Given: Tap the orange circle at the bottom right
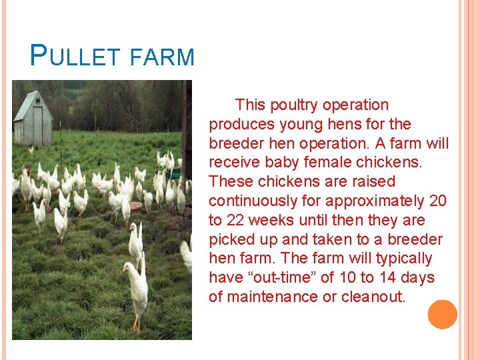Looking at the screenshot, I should coord(442,314).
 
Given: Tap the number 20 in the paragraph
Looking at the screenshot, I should coord(437,201).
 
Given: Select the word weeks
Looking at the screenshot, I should coord(275,221).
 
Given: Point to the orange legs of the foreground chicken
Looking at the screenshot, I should coord(137,325).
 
